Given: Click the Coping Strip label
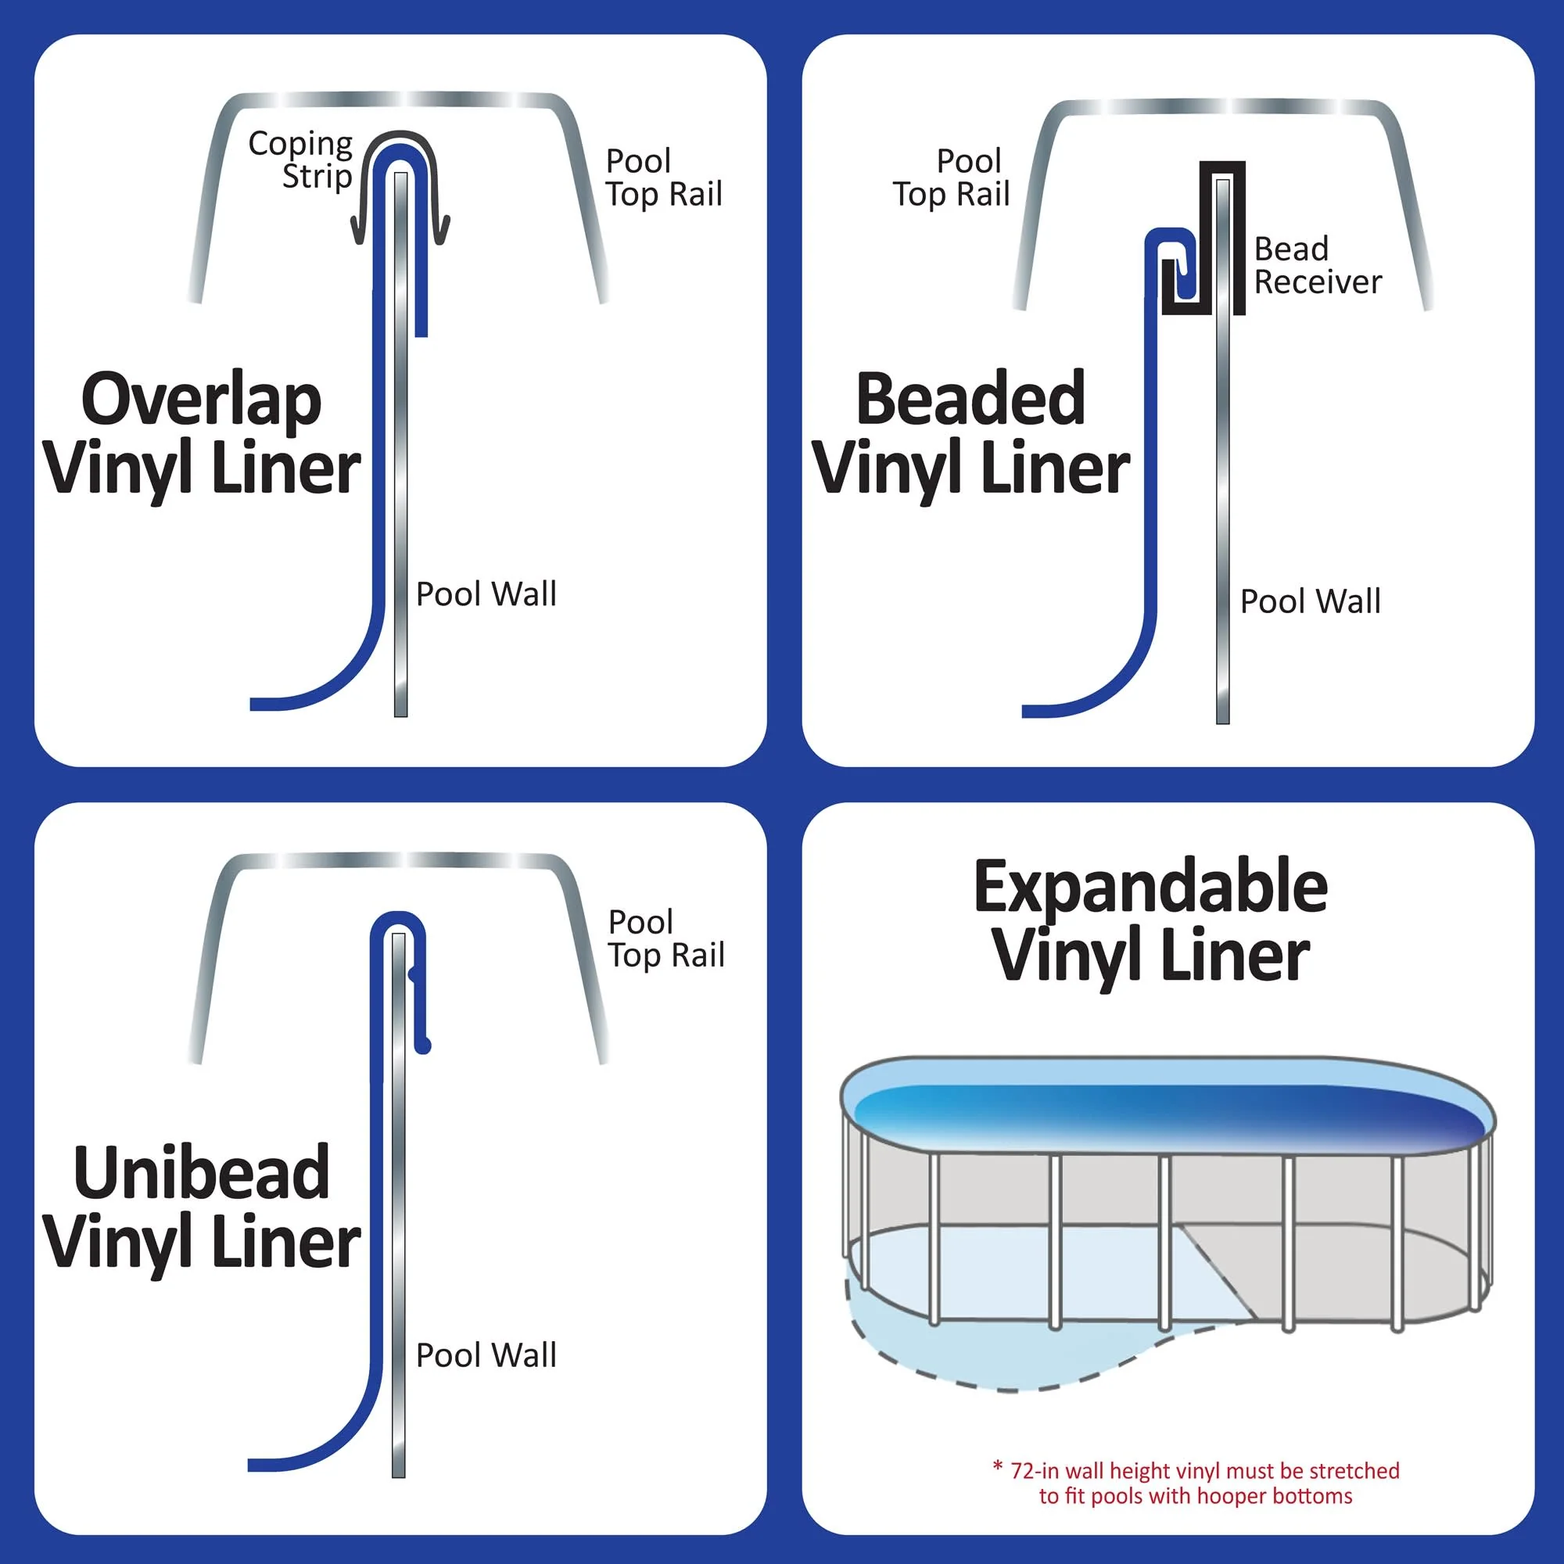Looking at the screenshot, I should pos(300,160).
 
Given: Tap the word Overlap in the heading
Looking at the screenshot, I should pos(201,400).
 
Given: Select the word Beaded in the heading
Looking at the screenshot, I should pos(970,399).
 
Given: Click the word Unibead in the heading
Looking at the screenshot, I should pos(201,1173).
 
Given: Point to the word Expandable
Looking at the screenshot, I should pos(1150,888).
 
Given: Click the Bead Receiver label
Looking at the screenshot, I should pos(1316,266).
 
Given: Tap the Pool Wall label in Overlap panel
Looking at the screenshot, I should pos(486,594).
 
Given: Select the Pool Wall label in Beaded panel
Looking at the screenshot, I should pos(1310,601).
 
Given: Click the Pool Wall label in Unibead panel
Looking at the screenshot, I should pos(486,1355).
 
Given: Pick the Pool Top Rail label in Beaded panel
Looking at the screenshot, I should pos(952,178).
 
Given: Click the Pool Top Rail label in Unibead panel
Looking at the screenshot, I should pos(665,939).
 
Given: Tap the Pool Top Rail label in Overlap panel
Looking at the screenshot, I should pos(663,178).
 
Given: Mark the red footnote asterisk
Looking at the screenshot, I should pos(997,1467).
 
